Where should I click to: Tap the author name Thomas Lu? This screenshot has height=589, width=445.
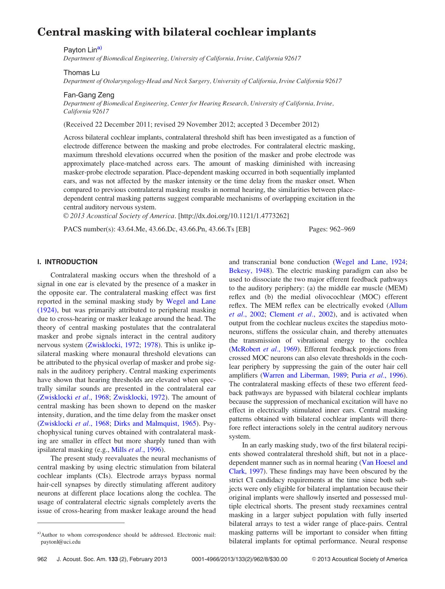pyautogui.click(x=81, y=73)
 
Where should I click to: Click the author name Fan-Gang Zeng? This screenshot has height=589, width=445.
pyautogui.click(x=89, y=95)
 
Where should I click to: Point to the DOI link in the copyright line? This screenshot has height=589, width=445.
pyautogui.click(x=233, y=216)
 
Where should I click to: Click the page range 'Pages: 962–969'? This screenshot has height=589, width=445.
pyautogui.click(x=332, y=229)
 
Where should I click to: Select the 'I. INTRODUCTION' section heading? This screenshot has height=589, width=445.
pyautogui.click(x=67, y=262)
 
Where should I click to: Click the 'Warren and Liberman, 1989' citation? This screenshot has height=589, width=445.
pyautogui.click(x=304, y=375)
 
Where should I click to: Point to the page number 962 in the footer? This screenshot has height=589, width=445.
pyautogui.click(x=42, y=559)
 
